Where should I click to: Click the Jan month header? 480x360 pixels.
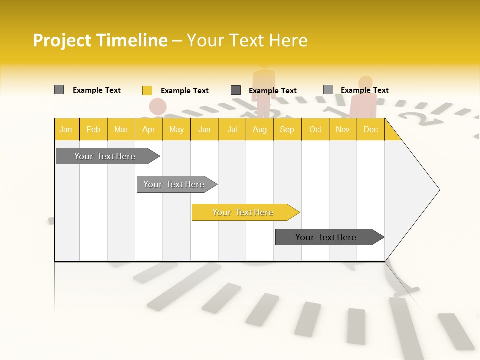66,129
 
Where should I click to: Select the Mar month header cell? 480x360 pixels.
121,129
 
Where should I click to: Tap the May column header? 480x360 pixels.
176,129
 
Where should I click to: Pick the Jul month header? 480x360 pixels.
232,129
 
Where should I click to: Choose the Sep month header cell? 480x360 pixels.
287,129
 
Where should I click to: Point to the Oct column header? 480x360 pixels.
315,129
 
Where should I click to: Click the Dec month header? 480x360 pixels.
370,129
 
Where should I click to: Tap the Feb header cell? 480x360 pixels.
93,129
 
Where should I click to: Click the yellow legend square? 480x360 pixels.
147,90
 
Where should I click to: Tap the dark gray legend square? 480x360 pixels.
236,90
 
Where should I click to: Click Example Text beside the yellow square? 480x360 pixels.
185,91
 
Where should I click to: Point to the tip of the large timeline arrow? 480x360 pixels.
439,190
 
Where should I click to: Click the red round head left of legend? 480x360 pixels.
158,106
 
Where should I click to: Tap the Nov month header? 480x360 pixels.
343,129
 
